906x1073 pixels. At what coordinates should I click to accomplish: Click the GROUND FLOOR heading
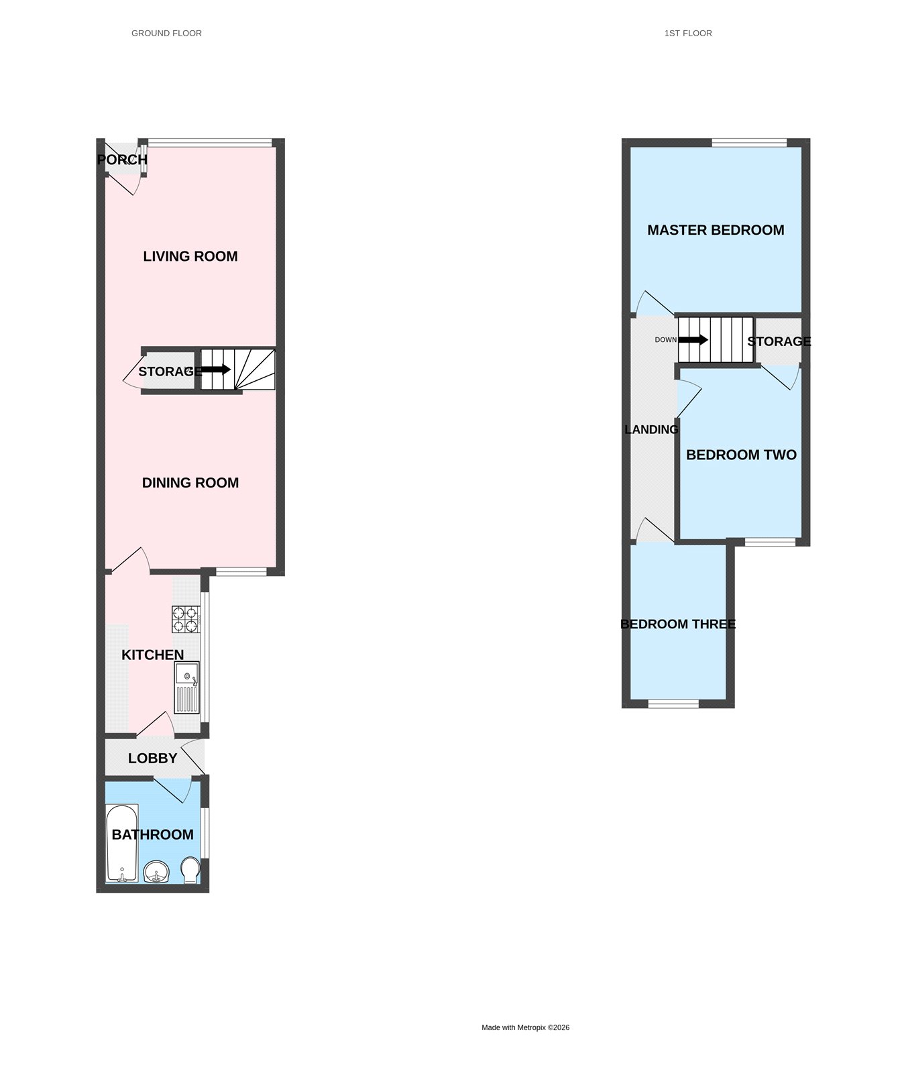pos(166,33)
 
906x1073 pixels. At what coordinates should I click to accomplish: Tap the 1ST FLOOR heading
pos(688,33)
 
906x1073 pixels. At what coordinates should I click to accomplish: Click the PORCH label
pos(122,160)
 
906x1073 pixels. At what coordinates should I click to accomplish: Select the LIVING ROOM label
pos(190,256)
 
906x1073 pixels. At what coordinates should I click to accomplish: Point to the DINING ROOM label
pos(190,483)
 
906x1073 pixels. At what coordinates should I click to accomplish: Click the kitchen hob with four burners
pos(186,619)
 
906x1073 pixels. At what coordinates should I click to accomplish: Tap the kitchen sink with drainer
pos(187,688)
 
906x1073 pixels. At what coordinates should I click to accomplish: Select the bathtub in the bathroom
pos(122,843)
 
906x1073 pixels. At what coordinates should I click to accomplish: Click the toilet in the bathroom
pos(190,870)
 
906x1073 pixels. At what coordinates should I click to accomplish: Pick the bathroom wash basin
pos(157,872)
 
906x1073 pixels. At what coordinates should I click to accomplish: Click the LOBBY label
pos(153,758)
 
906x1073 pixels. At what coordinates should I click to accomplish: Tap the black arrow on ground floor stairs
pos(216,370)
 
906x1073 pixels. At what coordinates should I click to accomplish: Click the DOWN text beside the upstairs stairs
pos(666,340)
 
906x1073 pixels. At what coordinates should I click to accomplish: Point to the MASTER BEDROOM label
pos(716,230)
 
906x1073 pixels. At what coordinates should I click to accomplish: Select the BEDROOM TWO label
pos(741,455)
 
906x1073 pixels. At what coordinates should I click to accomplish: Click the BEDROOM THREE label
pos(678,624)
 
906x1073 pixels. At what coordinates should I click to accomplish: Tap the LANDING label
pos(651,429)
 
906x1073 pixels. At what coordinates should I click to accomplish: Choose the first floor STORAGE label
pos(779,341)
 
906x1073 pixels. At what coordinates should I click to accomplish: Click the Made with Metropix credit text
pos(526,1027)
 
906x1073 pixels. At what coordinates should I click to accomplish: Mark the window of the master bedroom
pos(749,142)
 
